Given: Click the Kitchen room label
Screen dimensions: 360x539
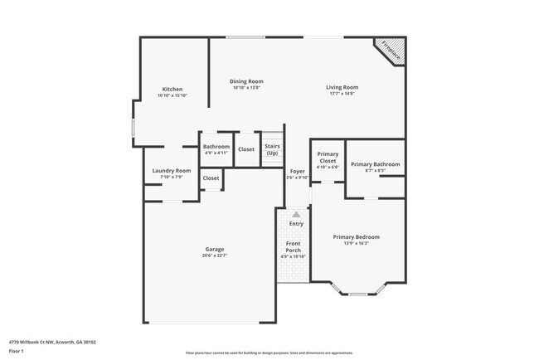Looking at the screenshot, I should coord(172,89).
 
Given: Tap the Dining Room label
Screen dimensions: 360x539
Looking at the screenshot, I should coord(246,81).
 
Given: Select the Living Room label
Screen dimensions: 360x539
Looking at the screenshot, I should coord(341,87).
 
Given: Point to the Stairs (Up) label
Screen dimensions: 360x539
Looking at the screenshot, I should coord(272,149).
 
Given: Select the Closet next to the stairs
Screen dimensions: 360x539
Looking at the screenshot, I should coord(246,149).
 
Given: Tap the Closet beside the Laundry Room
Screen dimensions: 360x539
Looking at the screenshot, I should coord(211,178).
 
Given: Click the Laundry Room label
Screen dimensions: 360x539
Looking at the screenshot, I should coord(172,171).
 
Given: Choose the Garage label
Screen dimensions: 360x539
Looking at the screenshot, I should coord(215,249).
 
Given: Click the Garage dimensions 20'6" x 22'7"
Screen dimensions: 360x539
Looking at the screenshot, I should coord(215,255).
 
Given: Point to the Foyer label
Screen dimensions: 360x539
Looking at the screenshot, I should coord(297,171).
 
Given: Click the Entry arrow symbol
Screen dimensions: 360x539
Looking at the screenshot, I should coord(296,214).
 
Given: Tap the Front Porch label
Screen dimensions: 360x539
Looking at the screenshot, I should coord(294,247).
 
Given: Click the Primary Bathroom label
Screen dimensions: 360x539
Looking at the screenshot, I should coord(375,164).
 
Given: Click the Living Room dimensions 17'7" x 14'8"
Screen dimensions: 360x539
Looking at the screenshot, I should coord(341,94).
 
